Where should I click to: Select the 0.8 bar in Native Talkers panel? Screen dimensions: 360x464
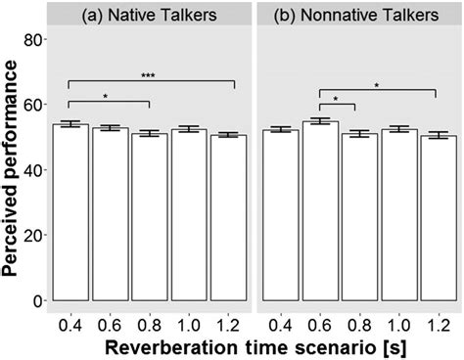point(148,216)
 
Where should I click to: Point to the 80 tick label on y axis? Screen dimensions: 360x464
point(33,40)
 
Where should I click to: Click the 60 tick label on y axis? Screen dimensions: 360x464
point(33,105)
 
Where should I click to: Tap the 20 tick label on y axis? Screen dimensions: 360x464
point(33,235)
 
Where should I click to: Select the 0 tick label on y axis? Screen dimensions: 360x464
point(38,300)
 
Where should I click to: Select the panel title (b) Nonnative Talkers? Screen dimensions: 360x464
point(357,15)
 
